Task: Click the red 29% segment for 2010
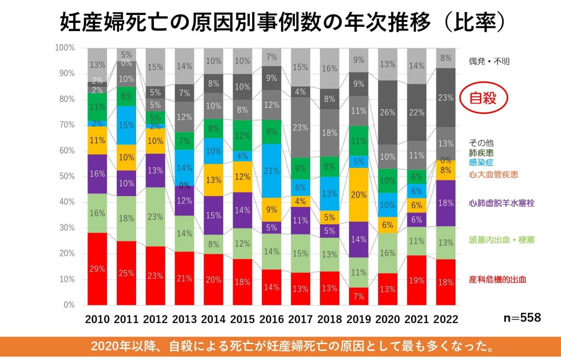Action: click(x=97, y=269)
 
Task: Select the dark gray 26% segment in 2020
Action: click(x=388, y=112)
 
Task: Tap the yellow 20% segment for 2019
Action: click(x=359, y=194)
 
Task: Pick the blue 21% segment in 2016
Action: click(x=271, y=171)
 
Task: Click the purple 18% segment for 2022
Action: click(x=446, y=203)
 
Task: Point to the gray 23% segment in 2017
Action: click(x=301, y=127)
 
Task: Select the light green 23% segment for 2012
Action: click(x=155, y=217)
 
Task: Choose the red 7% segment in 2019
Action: click(x=359, y=296)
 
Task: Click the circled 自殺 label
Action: click(x=483, y=98)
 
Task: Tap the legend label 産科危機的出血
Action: click(x=497, y=279)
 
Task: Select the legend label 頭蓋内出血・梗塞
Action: click(x=502, y=240)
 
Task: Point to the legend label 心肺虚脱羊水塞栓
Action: click(x=501, y=203)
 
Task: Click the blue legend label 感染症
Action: click(x=480, y=162)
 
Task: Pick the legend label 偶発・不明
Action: click(x=489, y=61)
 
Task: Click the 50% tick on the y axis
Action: click(x=65, y=176)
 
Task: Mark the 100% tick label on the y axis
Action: click(x=64, y=48)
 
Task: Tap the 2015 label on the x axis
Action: click(x=243, y=319)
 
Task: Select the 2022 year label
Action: click(x=446, y=319)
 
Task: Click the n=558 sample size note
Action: click(x=522, y=318)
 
